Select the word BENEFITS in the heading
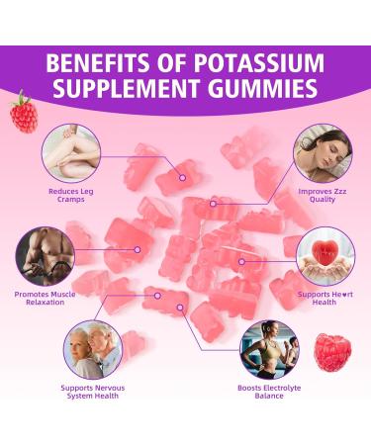point(93,62)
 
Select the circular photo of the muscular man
point(46,255)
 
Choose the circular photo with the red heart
point(325,253)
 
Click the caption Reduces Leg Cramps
point(70,195)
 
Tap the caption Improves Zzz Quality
point(322,194)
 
